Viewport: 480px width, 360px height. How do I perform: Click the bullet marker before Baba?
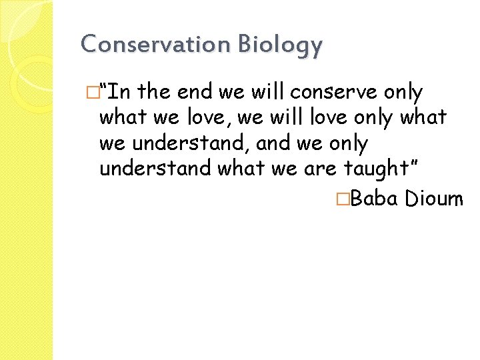342,198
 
